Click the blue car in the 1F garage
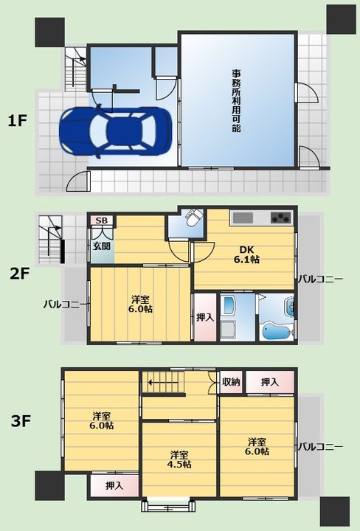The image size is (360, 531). (115, 132)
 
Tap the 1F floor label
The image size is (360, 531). (17, 120)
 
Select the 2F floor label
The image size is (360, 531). (20, 274)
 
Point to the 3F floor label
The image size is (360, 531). (21, 422)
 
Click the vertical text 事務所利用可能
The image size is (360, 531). (236, 100)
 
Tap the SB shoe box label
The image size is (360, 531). (102, 221)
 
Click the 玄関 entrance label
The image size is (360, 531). (102, 246)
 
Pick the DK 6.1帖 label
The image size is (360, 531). (247, 254)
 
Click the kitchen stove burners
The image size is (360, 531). (281, 218)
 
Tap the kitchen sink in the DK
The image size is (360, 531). (243, 218)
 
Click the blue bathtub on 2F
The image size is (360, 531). (277, 331)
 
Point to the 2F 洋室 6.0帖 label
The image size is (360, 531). (140, 304)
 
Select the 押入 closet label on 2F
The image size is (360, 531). (205, 317)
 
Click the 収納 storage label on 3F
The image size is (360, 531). (231, 382)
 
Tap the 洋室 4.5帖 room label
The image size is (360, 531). (179, 459)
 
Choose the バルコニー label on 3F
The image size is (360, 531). (320, 447)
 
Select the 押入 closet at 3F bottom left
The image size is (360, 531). (114, 485)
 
